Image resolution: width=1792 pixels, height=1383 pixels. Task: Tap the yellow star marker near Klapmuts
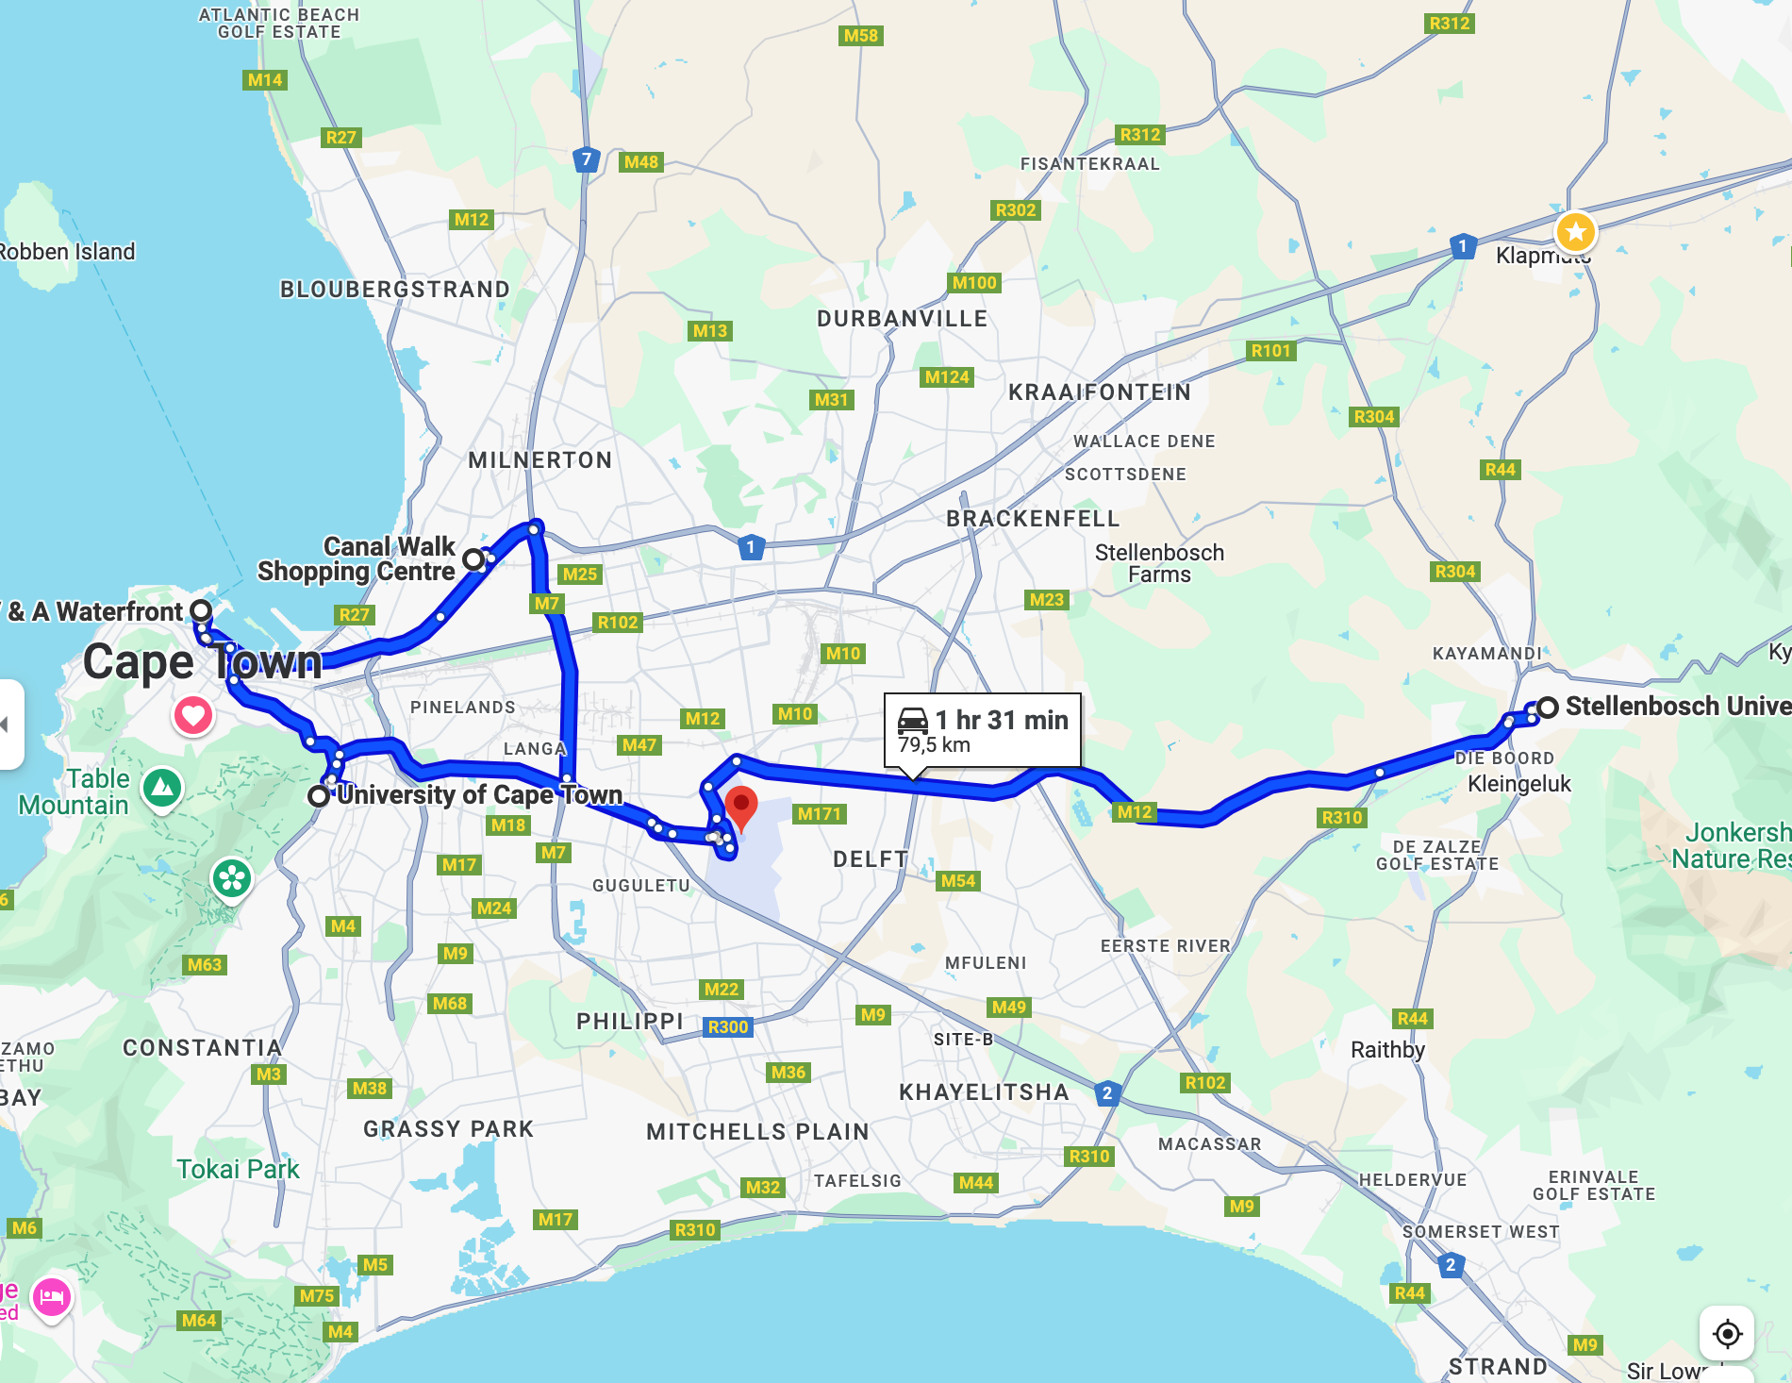tap(1575, 231)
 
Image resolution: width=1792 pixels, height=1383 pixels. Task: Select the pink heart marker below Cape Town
tap(192, 715)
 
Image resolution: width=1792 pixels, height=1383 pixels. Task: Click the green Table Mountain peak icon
tap(162, 786)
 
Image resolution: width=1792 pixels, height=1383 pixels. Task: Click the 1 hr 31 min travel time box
tap(982, 730)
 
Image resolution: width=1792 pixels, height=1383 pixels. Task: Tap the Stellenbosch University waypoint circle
tap(1547, 707)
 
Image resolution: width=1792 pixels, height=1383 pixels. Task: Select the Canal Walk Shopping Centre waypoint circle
tap(473, 560)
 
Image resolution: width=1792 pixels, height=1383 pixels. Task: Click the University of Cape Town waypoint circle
tap(319, 795)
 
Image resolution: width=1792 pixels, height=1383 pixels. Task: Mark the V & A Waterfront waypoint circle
tap(201, 610)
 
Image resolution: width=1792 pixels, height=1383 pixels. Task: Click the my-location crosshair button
tap(1727, 1333)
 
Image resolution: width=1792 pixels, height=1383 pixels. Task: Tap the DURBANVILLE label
tap(902, 319)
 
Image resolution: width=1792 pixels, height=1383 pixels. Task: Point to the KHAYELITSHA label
tap(983, 1092)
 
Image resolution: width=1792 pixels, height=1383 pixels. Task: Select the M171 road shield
tap(819, 814)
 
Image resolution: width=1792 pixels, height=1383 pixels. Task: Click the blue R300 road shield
tap(727, 1026)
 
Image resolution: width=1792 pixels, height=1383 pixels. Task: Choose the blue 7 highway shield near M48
tap(587, 159)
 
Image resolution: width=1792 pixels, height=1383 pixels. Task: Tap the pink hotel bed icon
tap(52, 1297)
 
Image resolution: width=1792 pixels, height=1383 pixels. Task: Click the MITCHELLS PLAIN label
tap(756, 1131)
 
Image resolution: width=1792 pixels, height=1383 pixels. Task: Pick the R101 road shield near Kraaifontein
tap(1270, 351)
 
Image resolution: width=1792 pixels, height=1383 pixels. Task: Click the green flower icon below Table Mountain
tap(231, 878)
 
